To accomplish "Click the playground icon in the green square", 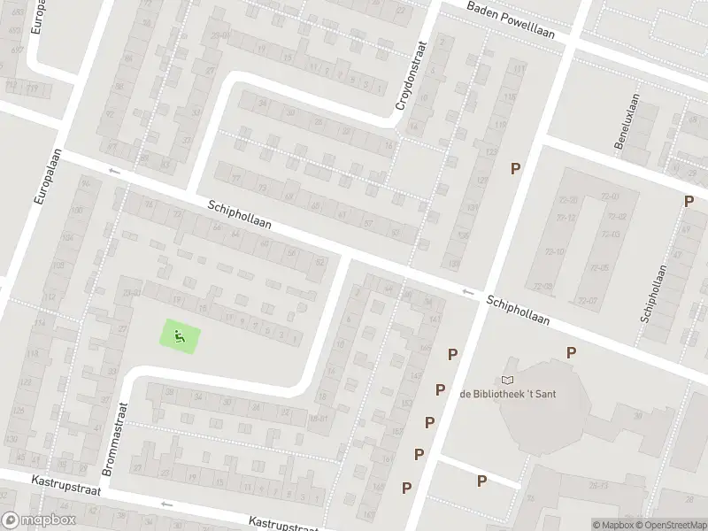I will coord(180,336).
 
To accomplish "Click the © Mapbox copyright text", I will coord(614,525).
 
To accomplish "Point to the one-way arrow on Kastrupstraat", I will coord(165,504).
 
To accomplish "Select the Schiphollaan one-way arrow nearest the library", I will coord(467,292).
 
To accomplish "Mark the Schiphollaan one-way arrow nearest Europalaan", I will coord(113,171).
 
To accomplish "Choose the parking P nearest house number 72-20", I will coord(514,168).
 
